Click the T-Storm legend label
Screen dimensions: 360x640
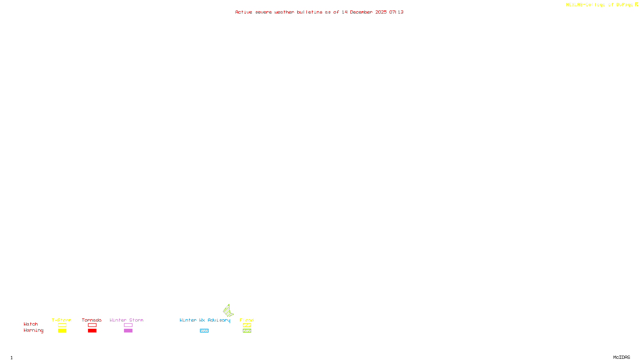[62, 320]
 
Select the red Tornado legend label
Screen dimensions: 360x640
[92, 320]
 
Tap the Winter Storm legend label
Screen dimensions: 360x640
[126, 320]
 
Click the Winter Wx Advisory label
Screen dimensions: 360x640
[205, 320]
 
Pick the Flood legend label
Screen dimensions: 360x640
[247, 320]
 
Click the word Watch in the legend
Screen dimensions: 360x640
[31, 324]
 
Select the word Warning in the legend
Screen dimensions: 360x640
[33, 330]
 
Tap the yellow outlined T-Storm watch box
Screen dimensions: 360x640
[62, 325]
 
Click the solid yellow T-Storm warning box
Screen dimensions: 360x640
[62, 331]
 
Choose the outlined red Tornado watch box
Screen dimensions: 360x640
[92, 325]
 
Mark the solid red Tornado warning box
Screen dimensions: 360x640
[92, 331]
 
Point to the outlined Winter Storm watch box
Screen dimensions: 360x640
[128, 325]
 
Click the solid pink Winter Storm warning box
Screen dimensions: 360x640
[128, 331]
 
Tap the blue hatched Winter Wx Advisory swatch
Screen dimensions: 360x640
[204, 331]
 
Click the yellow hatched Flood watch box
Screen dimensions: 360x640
[247, 325]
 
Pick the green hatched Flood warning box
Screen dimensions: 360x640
[247, 331]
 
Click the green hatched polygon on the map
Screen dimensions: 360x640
[228, 311]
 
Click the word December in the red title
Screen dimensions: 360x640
[361, 12]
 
